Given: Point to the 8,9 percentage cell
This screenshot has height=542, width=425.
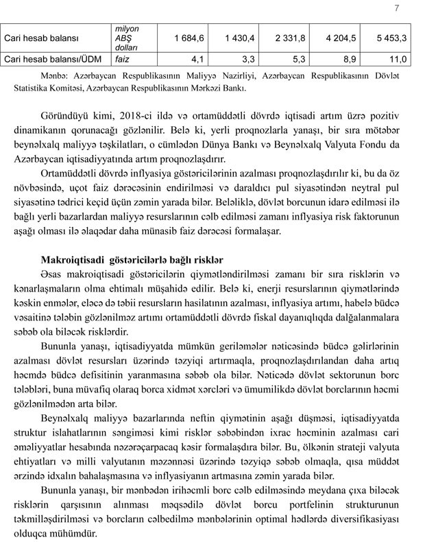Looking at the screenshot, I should point(345,60).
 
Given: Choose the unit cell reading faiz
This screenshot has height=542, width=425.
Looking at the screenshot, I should point(123,60).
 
